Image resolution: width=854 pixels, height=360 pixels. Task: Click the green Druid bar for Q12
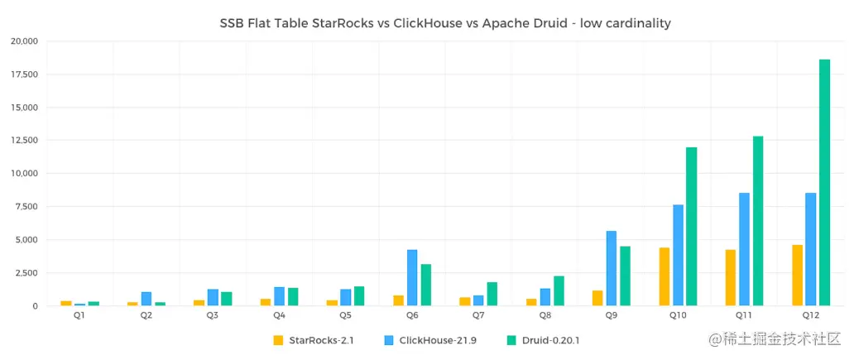(x=824, y=182)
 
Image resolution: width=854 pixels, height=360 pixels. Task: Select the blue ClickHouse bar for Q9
(x=612, y=268)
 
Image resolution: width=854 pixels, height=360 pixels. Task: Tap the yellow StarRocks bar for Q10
(x=664, y=276)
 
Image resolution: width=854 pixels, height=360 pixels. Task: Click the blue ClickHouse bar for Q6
(x=412, y=277)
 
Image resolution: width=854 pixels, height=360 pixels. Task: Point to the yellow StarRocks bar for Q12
(x=797, y=275)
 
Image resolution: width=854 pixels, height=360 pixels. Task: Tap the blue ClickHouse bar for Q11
(x=744, y=249)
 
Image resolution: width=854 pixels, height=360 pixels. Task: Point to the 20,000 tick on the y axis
(x=24, y=41)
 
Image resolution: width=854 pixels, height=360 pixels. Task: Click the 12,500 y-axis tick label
(x=24, y=140)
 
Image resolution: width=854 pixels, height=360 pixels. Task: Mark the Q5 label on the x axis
(x=345, y=315)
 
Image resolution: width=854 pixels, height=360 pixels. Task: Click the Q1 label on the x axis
(x=79, y=315)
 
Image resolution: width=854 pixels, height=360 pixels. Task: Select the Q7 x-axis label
(x=478, y=315)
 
